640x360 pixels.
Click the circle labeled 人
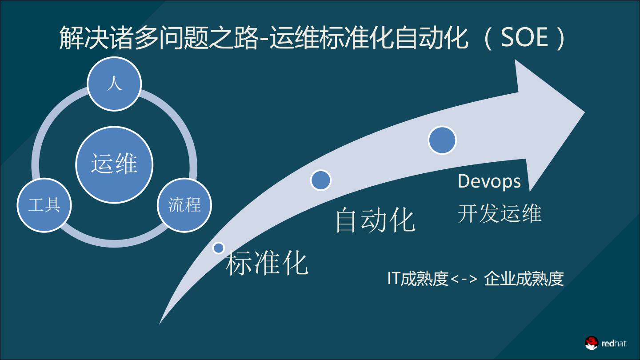point(114,84)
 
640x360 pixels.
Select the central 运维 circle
point(114,164)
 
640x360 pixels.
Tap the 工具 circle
point(44,205)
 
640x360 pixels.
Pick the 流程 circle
point(184,205)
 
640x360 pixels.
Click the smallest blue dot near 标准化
point(218,248)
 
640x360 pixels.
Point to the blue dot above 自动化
point(320,180)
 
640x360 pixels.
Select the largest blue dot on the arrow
point(442,140)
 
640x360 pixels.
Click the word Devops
point(489,181)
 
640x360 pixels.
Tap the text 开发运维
point(500,214)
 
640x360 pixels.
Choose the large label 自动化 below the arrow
point(375,220)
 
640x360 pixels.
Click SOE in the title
point(524,38)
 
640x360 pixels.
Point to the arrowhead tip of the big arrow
point(583,112)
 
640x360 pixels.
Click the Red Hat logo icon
point(592,343)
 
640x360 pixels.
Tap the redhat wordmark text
point(614,344)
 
